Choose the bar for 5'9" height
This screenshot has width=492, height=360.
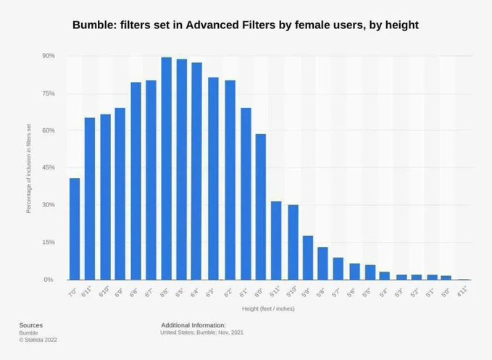pos(307,258)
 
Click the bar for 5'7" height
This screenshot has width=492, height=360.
pos(338,269)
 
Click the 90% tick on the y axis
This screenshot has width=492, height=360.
pos(49,56)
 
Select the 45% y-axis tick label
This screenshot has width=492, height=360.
pos(49,167)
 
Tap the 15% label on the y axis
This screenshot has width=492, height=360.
pos(49,242)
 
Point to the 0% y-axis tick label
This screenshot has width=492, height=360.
pos(50,280)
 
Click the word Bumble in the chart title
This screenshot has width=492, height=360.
pos(94,25)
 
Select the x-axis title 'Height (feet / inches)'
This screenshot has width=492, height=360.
pos(268,309)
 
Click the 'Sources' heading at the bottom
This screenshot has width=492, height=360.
pos(30,325)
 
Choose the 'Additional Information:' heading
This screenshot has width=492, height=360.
pos(193,325)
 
